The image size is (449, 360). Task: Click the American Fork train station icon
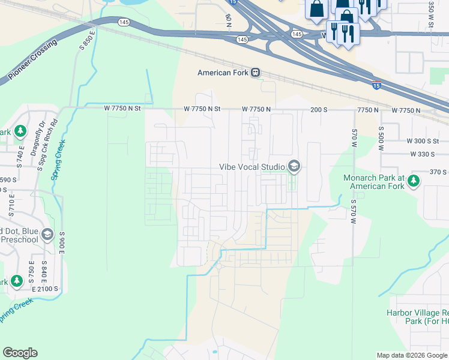tap(255, 73)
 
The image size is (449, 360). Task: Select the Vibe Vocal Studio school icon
tap(294, 166)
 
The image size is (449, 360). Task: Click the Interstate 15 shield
tap(376, 85)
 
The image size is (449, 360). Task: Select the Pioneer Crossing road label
tap(33, 61)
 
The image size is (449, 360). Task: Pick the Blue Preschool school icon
tap(47, 234)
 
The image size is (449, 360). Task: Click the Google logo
tap(20, 353)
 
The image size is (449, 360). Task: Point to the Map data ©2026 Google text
tap(411, 355)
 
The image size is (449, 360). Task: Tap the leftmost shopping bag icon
tap(316, 9)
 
